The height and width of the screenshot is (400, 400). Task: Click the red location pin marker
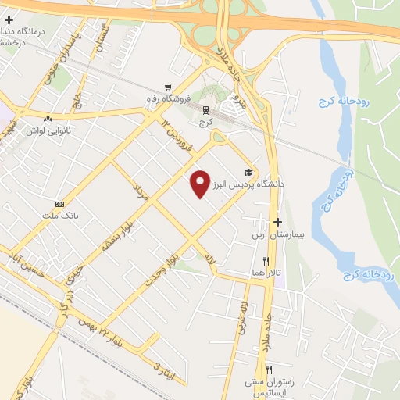(201, 184)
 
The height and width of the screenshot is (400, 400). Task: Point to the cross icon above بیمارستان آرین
(278, 222)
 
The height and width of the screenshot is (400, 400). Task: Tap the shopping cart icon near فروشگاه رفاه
(167, 87)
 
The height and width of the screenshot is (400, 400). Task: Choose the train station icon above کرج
(205, 110)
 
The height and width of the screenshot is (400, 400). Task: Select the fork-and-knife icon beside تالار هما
(266, 261)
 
